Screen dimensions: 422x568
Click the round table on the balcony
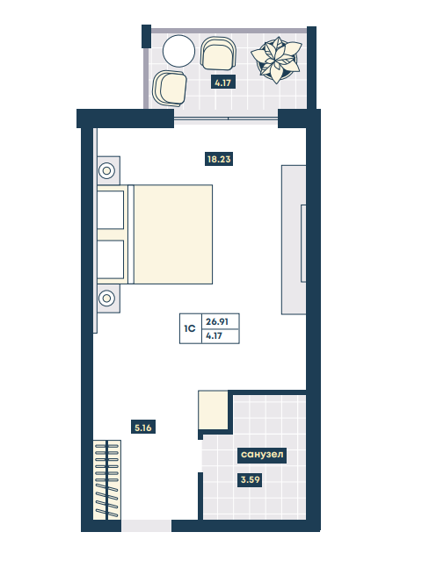tap(178, 51)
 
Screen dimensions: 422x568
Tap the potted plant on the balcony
tap(276, 60)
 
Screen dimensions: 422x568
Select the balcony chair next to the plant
tap(218, 53)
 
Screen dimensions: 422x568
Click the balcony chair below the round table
tap(170, 88)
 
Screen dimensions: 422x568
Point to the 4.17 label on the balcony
tap(222, 83)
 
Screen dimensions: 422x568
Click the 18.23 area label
tap(219, 159)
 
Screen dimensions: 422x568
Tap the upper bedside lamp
tap(106, 170)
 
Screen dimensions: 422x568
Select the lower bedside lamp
tap(106, 298)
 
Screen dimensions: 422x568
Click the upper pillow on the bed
tap(110, 210)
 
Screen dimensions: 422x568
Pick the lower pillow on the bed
tap(110, 259)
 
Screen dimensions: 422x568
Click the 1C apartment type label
tap(190, 328)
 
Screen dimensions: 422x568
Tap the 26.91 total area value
tap(217, 321)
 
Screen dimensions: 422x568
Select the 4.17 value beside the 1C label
tap(215, 336)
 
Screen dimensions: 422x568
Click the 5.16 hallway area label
tap(143, 428)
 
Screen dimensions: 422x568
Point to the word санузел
tap(262, 454)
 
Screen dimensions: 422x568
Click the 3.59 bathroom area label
tap(251, 480)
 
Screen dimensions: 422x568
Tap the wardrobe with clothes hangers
tap(107, 480)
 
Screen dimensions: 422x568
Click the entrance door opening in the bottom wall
tap(146, 526)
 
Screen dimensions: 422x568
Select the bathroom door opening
tap(200, 456)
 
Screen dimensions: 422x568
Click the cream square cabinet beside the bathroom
tap(213, 410)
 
